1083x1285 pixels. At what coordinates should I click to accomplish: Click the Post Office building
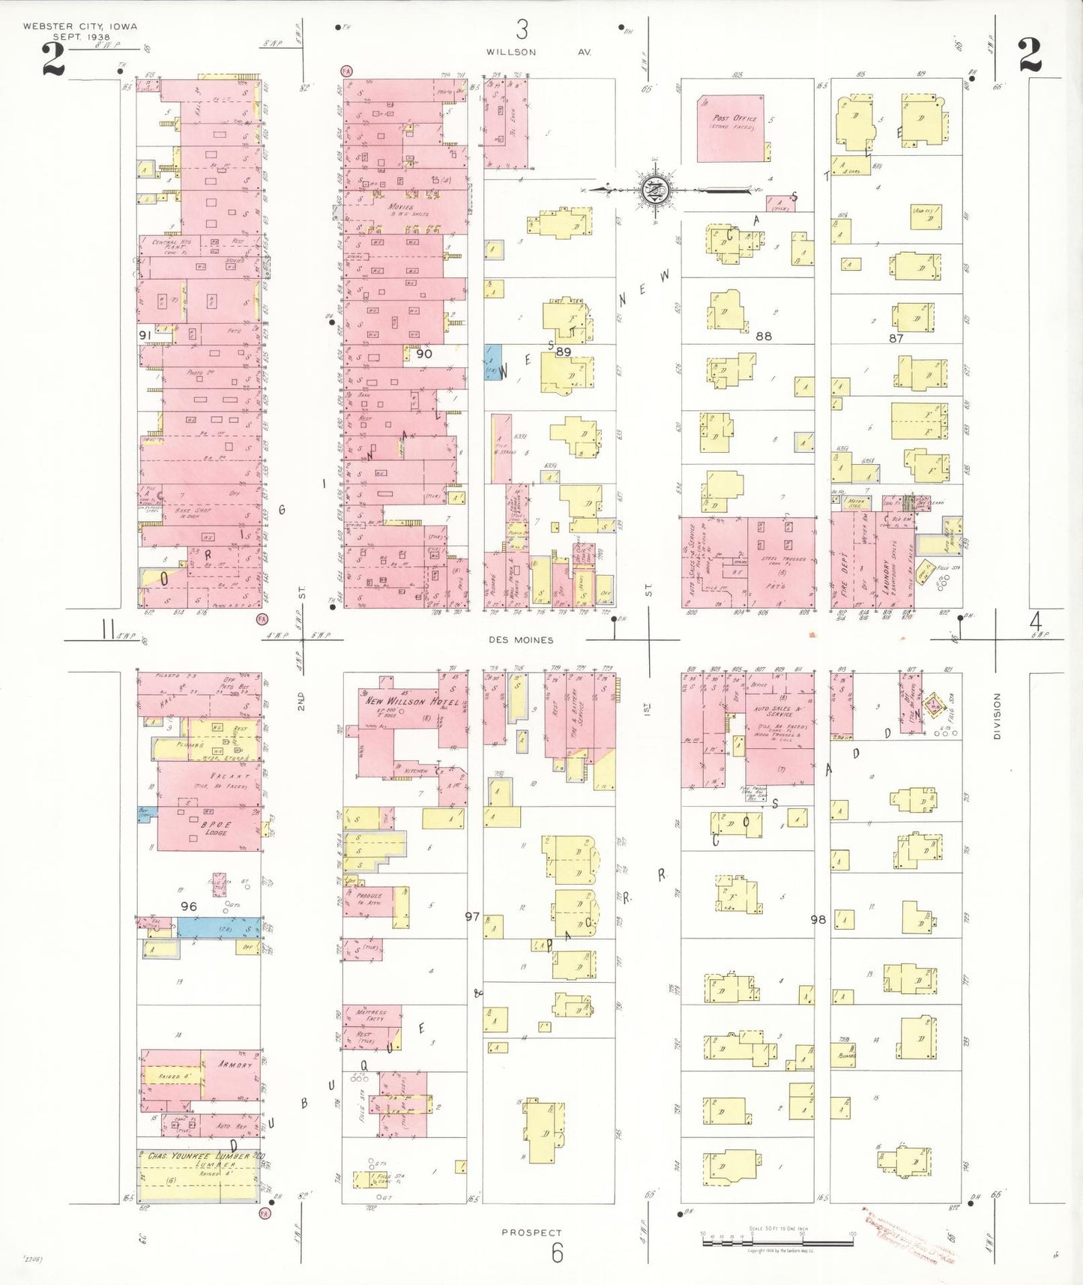coord(731,127)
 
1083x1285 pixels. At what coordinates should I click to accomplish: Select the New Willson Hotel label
coord(411,701)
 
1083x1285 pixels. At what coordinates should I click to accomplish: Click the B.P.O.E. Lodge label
coord(216,828)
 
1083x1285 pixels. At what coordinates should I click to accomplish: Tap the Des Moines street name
coord(521,640)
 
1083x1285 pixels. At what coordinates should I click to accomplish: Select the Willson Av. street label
coord(538,52)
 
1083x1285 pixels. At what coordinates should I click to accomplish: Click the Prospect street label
coord(531,1232)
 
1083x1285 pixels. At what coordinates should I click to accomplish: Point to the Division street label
coord(997,716)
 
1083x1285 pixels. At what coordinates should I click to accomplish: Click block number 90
coord(424,353)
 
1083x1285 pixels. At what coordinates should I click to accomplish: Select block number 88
coord(763,336)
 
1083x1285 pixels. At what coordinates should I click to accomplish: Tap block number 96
coord(189,906)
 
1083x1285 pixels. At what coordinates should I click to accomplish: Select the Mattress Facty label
coord(371,1015)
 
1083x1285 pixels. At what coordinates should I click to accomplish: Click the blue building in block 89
coord(492,361)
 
